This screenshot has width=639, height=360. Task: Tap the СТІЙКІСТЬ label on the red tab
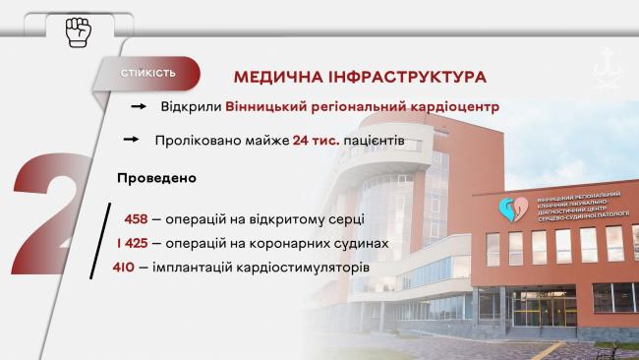pyautogui.click(x=148, y=74)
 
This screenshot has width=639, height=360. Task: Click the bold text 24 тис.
pyautogui.click(x=316, y=141)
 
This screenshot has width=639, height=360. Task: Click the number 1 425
pyautogui.click(x=133, y=242)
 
